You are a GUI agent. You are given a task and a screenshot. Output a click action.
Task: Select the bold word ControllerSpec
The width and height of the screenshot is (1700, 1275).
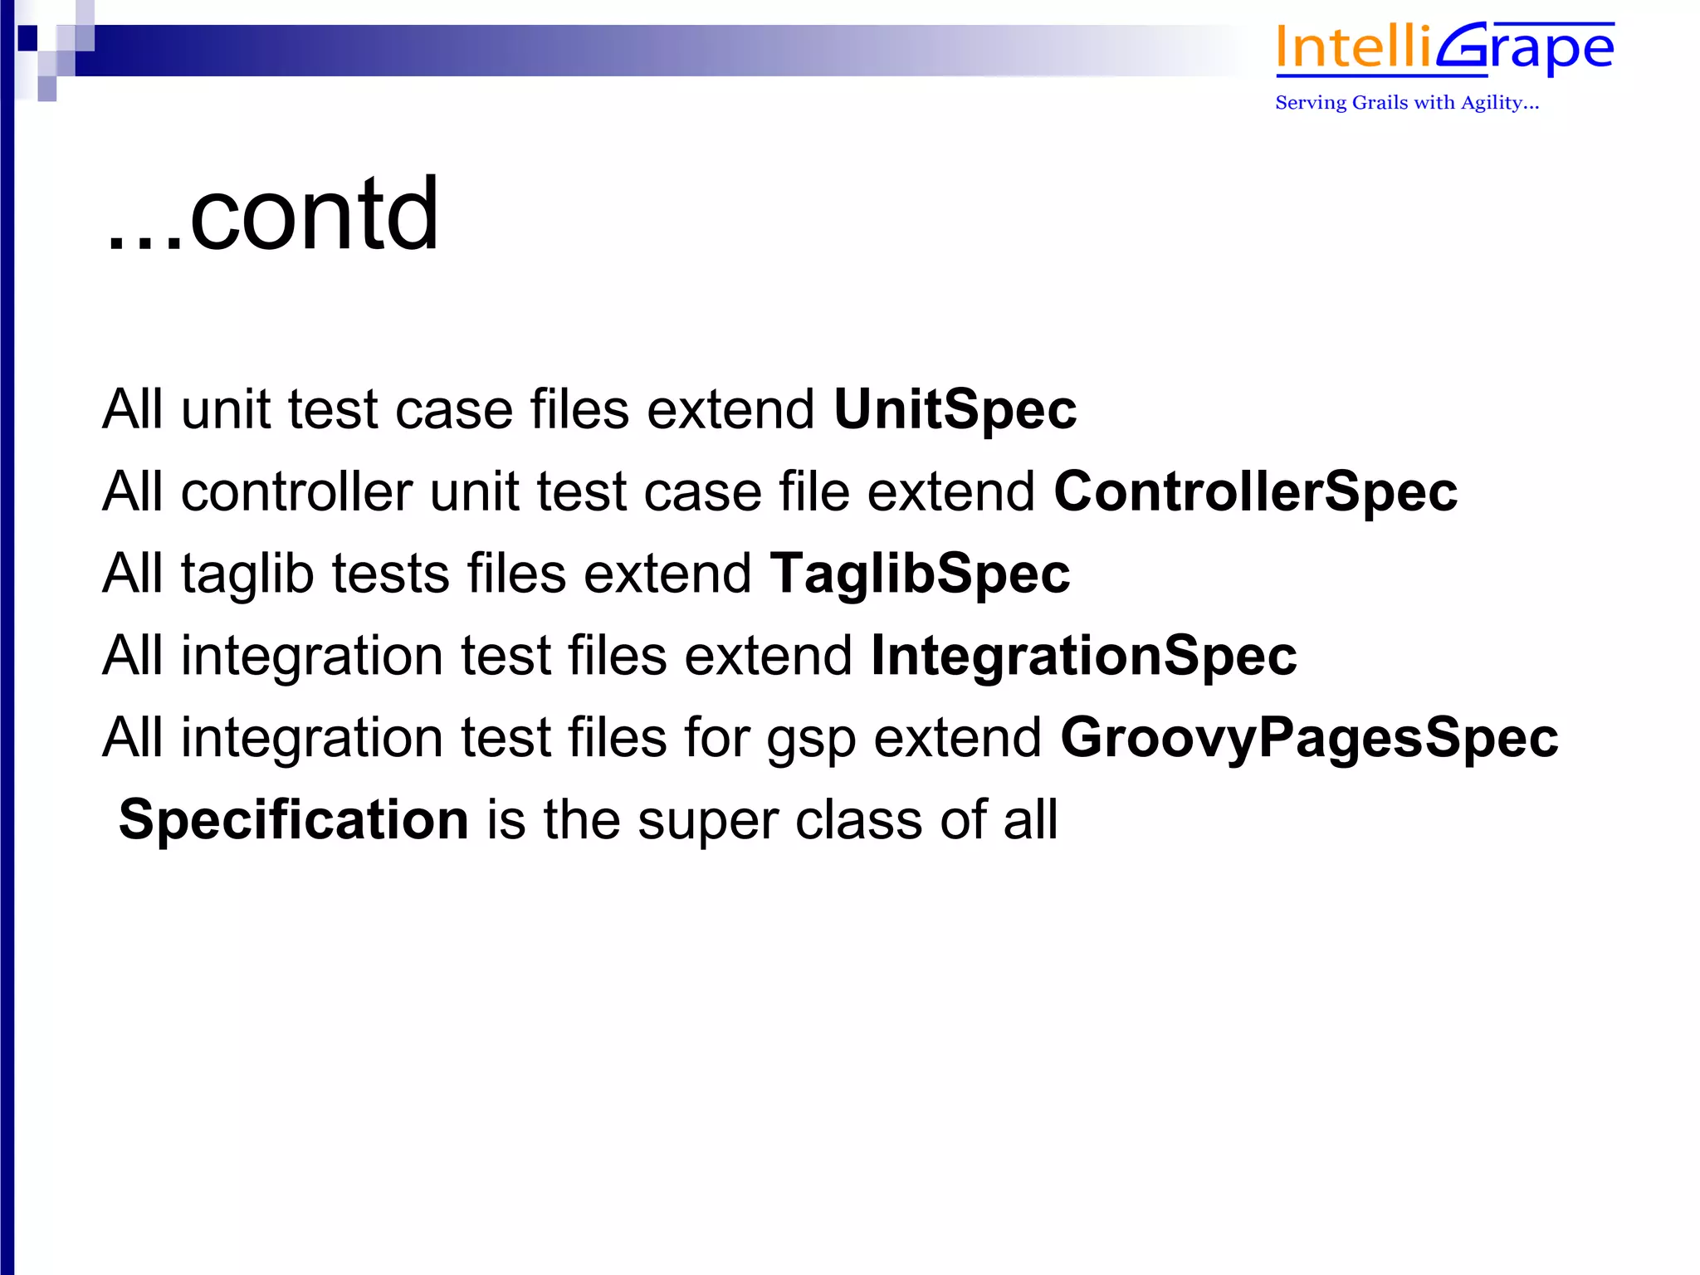tap(1255, 491)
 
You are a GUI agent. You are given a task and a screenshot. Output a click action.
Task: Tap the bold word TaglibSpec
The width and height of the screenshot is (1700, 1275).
tap(920, 574)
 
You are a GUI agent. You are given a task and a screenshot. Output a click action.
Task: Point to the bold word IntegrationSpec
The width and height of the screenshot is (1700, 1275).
tap(1083, 656)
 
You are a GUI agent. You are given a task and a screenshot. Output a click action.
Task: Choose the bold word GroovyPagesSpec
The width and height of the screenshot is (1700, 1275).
tap(1309, 738)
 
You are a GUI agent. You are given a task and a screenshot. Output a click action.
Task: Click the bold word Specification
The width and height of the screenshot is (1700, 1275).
tap(294, 819)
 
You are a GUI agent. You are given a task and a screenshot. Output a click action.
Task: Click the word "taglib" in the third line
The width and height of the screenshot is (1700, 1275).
tap(247, 574)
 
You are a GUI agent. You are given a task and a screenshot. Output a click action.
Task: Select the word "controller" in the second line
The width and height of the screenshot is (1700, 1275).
tap(296, 491)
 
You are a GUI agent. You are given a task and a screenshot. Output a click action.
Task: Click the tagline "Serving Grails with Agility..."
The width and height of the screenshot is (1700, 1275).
tap(1407, 103)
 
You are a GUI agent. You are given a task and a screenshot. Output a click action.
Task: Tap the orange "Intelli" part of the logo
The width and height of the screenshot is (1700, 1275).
tap(1353, 48)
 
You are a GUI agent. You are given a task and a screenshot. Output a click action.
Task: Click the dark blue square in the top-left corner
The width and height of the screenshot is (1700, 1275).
tap(27, 37)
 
